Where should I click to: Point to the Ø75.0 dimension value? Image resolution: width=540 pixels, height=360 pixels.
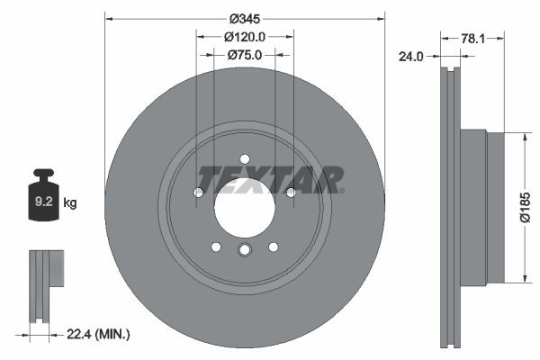[x=244, y=55]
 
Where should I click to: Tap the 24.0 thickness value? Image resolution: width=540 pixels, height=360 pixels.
[x=411, y=55]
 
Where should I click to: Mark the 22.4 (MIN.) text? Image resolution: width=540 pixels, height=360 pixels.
[x=98, y=334]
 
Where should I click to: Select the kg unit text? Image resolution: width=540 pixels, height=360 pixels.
[x=70, y=203]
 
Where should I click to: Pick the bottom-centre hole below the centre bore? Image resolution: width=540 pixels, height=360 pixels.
[x=244, y=252]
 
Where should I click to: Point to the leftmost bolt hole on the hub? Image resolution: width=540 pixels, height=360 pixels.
[x=198, y=192]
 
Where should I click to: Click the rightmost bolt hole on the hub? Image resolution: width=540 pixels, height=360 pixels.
[x=290, y=192]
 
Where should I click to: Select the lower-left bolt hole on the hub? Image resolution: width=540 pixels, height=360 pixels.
[x=216, y=247]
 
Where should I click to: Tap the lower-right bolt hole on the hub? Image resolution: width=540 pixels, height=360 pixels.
[x=272, y=247]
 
